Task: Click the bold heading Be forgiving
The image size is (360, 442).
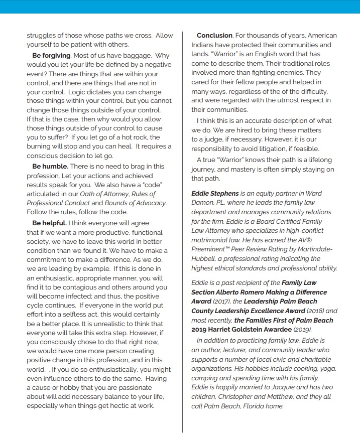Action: pyautogui.click(x=51, y=55)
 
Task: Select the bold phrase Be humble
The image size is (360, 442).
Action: pyautogui.click(x=50, y=166)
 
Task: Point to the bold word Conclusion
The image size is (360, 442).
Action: pyautogui.click(x=214, y=36)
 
